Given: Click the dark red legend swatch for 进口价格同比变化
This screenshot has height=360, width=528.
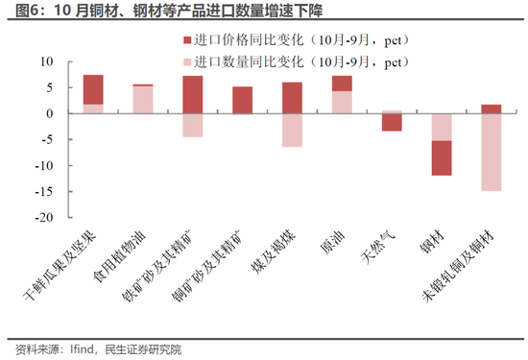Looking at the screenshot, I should tap(184, 41).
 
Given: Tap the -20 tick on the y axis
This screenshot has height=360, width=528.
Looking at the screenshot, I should tap(41, 218).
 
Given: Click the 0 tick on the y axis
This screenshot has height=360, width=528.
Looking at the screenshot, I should tap(48, 113).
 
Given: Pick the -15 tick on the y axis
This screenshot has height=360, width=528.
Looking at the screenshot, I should tap(41, 192).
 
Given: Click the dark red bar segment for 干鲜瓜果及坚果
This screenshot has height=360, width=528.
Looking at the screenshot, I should tap(93, 88).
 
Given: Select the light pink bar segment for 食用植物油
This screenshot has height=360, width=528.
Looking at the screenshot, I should tap(143, 100).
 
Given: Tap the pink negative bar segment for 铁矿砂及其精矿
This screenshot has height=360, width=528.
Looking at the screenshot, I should tap(192, 125).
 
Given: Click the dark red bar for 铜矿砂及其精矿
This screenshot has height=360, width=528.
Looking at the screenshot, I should tap(242, 100).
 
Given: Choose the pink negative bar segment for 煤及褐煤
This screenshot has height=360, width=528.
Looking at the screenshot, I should tap(292, 130).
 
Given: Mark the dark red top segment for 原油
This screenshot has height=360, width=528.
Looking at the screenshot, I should tap(342, 83).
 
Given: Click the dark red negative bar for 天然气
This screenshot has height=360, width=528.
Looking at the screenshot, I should tap(392, 122).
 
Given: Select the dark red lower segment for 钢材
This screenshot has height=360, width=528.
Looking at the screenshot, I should tap(441, 157).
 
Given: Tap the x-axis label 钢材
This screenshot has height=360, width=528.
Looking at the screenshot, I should tap(438, 246).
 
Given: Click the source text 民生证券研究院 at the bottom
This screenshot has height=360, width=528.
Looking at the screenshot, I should tap(139, 349).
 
